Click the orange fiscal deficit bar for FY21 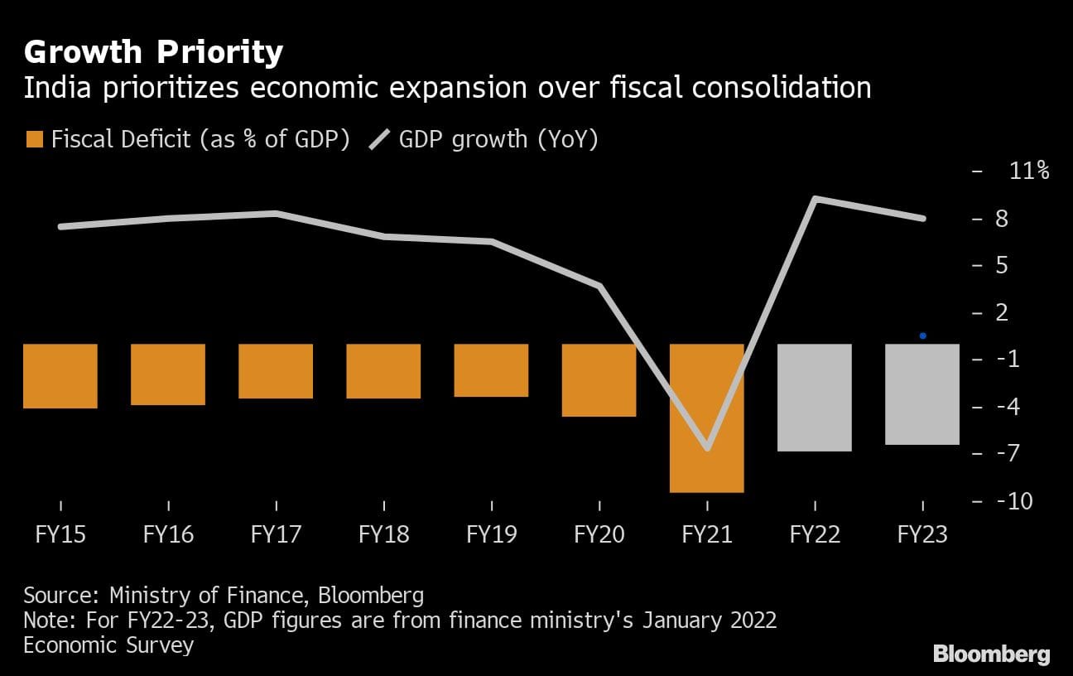pos(707,418)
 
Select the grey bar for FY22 pos(815,397)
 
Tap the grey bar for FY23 pos(922,394)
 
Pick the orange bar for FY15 pos(60,375)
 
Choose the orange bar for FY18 pos(383,370)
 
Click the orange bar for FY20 pos(599,379)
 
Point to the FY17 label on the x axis pos(276,534)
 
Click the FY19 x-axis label pos(492,534)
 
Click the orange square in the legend pos(33,139)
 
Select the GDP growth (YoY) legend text pos(498,139)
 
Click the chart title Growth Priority pos(153,53)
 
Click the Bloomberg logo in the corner pos(992,654)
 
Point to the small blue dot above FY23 pos(922,336)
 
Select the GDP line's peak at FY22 pos(816,199)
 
